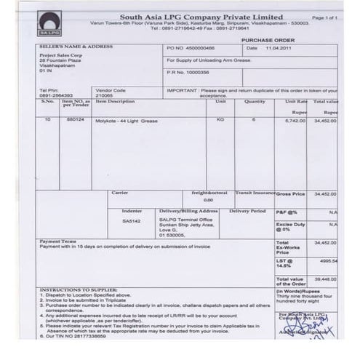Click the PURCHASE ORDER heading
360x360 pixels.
[268, 41]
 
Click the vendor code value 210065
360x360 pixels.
[107, 95]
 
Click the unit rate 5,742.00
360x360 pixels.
[296, 119]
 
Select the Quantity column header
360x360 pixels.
[255, 102]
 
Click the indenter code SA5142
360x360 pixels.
[132, 219]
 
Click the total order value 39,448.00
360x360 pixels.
[325, 279]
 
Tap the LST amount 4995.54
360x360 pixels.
[329, 260]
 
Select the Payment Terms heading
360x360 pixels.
[58, 241]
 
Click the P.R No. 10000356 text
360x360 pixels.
[188, 73]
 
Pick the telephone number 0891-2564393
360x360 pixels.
[56, 95]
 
